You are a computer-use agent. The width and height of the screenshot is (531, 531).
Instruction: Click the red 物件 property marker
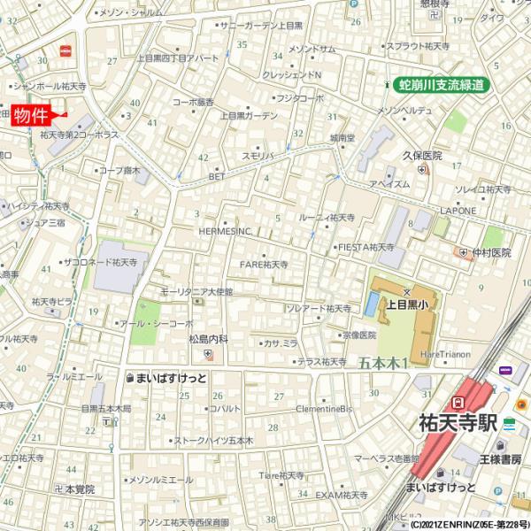(32, 116)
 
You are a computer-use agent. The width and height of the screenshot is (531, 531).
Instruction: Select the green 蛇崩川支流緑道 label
(442, 85)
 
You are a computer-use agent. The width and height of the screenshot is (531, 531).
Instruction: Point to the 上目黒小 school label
(407, 304)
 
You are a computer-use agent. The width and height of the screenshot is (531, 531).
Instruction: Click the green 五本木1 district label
(383, 363)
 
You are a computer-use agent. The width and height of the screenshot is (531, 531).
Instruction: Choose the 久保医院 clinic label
(422, 156)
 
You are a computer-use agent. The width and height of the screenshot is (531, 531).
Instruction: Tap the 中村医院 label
(491, 253)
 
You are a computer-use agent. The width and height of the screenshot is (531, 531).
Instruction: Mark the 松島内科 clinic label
(208, 339)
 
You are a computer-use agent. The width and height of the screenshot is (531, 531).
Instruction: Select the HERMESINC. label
(225, 232)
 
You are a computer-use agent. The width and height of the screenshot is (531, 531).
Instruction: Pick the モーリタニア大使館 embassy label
(196, 291)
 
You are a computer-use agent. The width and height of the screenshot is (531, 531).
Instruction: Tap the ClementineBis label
(323, 409)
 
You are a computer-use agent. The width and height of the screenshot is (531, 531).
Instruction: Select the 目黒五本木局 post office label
(105, 409)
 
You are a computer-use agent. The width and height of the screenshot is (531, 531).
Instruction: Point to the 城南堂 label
(342, 138)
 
